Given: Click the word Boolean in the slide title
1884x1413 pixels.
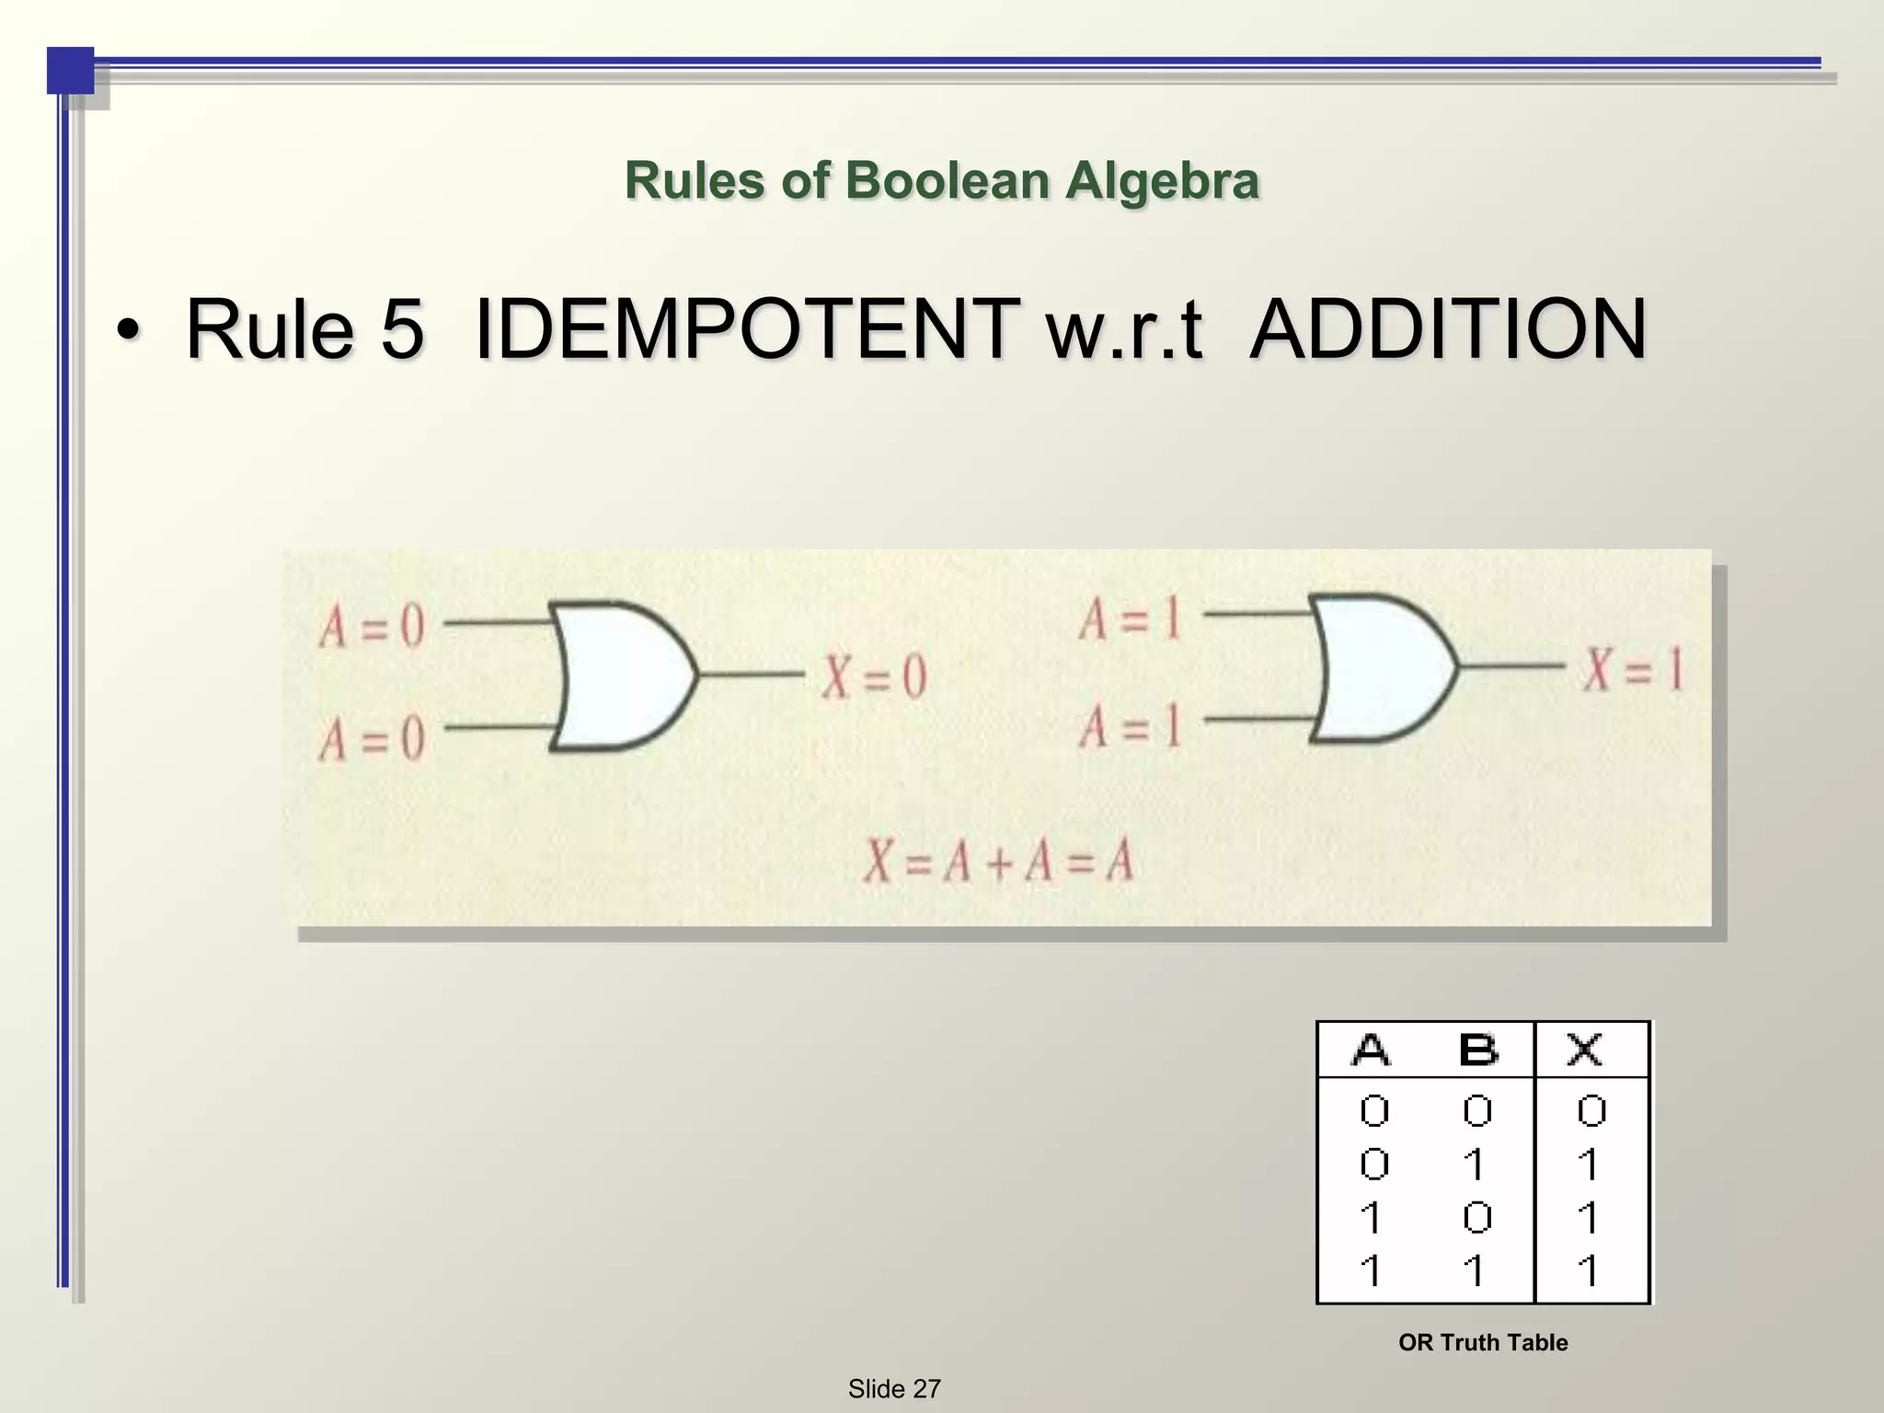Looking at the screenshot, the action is click(x=947, y=180).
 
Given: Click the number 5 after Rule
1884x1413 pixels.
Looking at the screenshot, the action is click(x=401, y=330).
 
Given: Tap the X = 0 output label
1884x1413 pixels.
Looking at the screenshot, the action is click(x=873, y=678).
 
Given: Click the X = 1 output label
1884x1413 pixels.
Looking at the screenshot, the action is click(x=1632, y=669).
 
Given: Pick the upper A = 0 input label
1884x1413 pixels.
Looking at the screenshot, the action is click(x=372, y=628).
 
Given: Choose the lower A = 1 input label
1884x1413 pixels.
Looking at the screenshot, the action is click(x=1130, y=728).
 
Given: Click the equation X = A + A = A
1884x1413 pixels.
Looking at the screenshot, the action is click(x=997, y=863).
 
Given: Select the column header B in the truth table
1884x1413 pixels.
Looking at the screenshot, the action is click(x=1478, y=1050).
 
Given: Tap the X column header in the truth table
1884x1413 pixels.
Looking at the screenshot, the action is click(x=1585, y=1050).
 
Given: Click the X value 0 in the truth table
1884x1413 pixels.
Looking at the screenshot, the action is click(x=1591, y=1111).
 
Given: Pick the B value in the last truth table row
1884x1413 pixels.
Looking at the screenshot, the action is click(x=1475, y=1271).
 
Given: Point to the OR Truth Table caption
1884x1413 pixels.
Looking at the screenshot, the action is click(x=1483, y=1342).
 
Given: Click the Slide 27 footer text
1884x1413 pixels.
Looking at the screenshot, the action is click(x=894, y=1389).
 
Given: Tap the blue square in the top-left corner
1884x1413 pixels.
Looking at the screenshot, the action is click(x=71, y=71).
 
